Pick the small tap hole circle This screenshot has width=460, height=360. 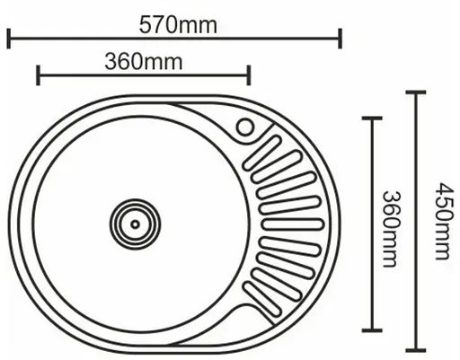tap(244, 127)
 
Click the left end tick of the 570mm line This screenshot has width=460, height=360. tap(8, 39)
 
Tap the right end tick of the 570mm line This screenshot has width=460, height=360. tap(341, 39)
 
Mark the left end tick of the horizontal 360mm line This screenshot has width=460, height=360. tap(38, 75)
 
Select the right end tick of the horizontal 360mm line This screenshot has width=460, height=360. tap(249, 75)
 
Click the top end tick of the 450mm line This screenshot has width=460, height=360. tap(415, 91)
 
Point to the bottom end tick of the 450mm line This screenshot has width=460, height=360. tap(415, 349)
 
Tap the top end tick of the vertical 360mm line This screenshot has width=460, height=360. tap(371, 118)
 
